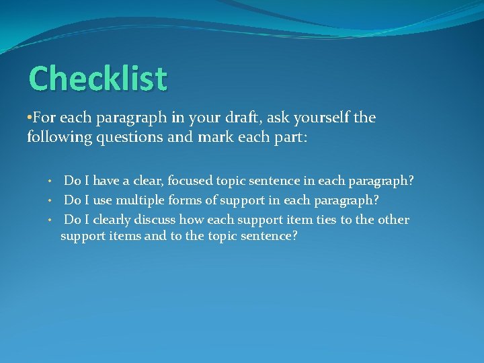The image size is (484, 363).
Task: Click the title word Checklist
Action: point(97,79)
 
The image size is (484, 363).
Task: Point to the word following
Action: point(56,138)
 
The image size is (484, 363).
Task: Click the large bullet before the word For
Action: point(30,118)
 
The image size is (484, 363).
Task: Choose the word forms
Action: point(190,200)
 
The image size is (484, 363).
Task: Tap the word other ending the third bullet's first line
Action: point(393,220)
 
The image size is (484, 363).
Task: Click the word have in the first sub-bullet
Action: point(105,181)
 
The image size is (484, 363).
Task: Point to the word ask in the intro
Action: point(282,118)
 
